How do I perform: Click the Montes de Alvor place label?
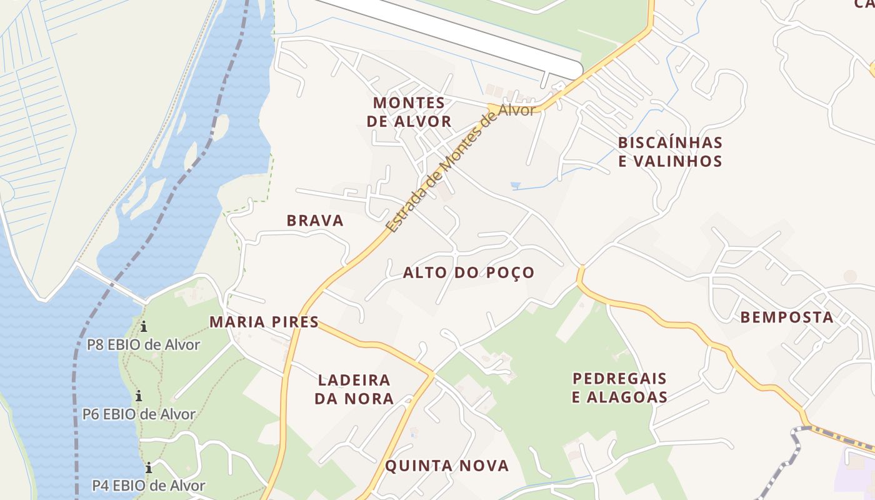pyautogui.click(x=409, y=112)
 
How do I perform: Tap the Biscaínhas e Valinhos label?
pyautogui.click(x=669, y=152)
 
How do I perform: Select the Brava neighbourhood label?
pyautogui.click(x=315, y=221)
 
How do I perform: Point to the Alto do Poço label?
pyautogui.click(x=469, y=272)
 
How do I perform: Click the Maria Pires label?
pyautogui.click(x=264, y=322)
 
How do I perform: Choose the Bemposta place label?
pyautogui.click(x=787, y=317)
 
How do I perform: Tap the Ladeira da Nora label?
pyautogui.click(x=354, y=389)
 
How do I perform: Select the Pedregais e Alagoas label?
pyautogui.click(x=619, y=387)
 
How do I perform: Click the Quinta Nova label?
pyautogui.click(x=447, y=466)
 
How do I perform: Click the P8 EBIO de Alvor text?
pyautogui.click(x=143, y=344)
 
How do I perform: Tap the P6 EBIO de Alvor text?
pyautogui.click(x=139, y=414)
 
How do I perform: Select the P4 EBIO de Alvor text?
pyautogui.click(x=148, y=485)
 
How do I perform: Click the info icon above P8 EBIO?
pyautogui.click(x=144, y=326)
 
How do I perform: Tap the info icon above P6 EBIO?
pyautogui.click(x=139, y=396)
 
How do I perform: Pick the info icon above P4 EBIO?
pyautogui.click(x=149, y=467)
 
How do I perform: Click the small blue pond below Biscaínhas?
pyautogui.click(x=516, y=186)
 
